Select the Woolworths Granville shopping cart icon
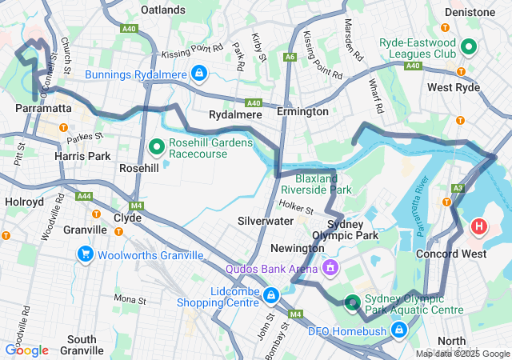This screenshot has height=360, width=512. (x=85, y=254)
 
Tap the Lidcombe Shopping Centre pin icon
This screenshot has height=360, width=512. (x=271, y=297)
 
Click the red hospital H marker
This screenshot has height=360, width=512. (x=478, y=226)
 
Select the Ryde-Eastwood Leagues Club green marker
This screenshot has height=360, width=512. (x=468, y=48)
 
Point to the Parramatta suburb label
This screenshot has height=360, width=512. (x=43, y=106)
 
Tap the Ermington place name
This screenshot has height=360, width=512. (x=302, y=111)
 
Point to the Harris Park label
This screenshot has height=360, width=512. (x=82, y=155)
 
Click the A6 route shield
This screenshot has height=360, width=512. (x=290, y=57)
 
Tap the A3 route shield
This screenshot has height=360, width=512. (x=457, y=188)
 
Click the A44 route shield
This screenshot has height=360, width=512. (x=84, y=195)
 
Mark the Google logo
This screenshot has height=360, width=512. (x=27, y=350)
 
